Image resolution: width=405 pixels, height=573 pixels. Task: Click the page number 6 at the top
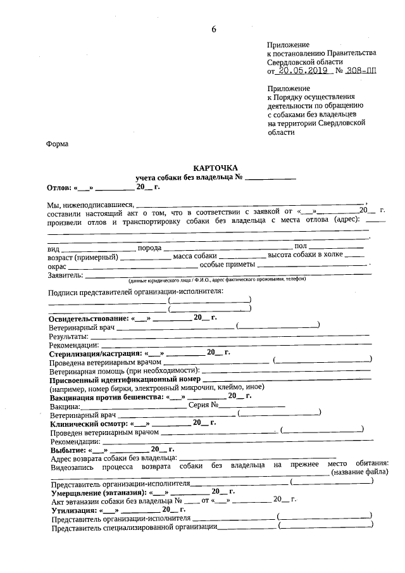pyautogui.click(x=214, y=30)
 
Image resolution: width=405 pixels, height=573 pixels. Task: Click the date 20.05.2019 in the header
pyautogui.click(x=302, y=71)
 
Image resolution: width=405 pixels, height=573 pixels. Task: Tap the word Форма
pyautogui.click(x=58, y=144)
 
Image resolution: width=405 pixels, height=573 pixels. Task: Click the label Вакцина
pyautogui.click(x=65, y=405)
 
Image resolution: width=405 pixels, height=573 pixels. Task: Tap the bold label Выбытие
pyautogui.click(x=65, y=450)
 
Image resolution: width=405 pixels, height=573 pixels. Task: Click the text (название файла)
pyautogui.click(x=360, y=472)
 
